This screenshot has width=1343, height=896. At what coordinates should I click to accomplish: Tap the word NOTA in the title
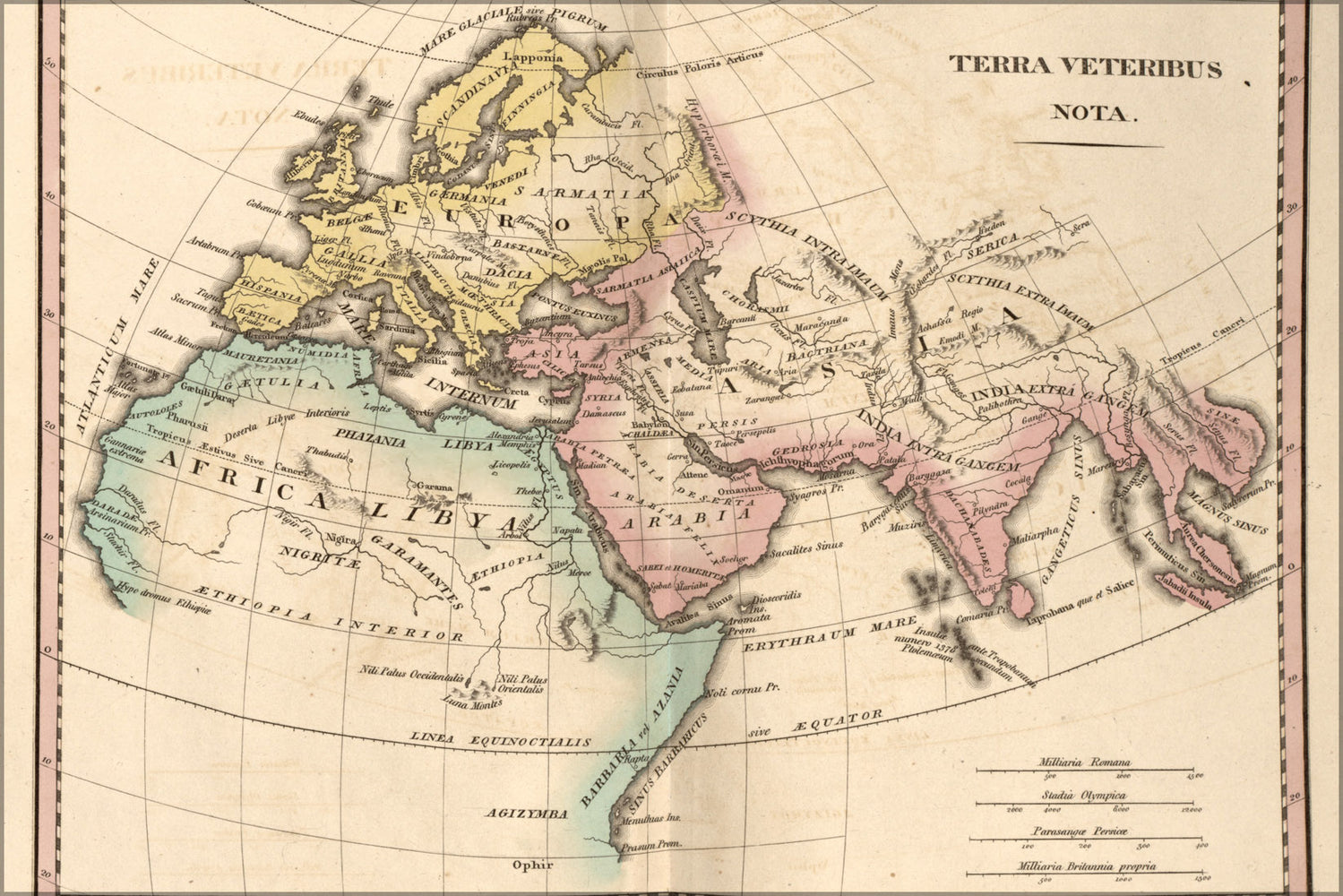pos(1080,113)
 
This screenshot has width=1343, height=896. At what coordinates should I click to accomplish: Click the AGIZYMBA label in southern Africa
pos(527,814)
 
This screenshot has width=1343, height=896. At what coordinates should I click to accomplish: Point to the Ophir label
pos(533,865)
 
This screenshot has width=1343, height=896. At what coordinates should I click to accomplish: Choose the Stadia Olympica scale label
pos(1083,795)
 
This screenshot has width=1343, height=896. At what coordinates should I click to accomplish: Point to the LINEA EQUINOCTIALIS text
pos(501,739)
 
